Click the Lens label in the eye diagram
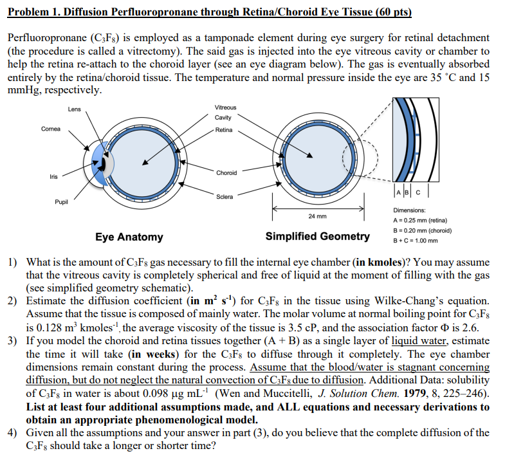tap(74, 109)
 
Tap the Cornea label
tap(50, 129)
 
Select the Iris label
tap(53, 176)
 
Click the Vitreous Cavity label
tap(225, 112)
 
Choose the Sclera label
tap(225, 196)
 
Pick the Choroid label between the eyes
tap(226, 172)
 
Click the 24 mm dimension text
tap(317, 216)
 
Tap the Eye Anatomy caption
tap(129, 237)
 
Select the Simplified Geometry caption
tap(318, 236)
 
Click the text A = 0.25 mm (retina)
tap(421, 220)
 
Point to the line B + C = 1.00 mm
tap(415, 241)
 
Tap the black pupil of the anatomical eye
tap(100, 165)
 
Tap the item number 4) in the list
tap(12, 432)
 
